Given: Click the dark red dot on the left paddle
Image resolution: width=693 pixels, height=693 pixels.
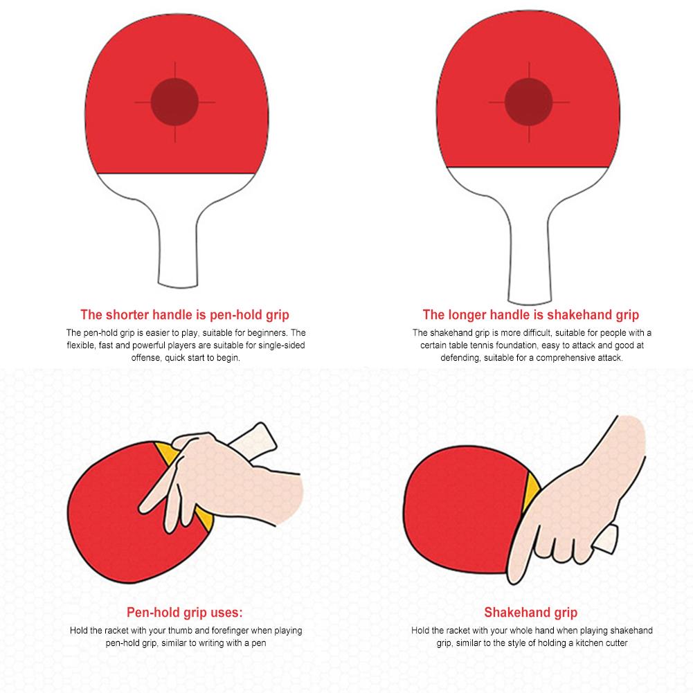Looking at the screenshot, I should (174, 101).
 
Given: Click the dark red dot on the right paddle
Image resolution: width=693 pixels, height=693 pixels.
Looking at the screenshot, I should (528, 101).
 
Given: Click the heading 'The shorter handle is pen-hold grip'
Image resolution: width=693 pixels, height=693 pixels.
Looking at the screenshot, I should (185, 314).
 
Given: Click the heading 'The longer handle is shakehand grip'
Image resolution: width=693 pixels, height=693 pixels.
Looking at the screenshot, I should (531, 314).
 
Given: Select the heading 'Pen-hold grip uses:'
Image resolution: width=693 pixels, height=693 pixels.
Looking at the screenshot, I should (185, 612).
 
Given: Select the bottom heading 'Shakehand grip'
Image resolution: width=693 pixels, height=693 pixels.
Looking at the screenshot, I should (531, 612).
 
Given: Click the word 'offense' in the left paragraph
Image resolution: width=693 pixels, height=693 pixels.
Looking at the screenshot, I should (145, 358).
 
